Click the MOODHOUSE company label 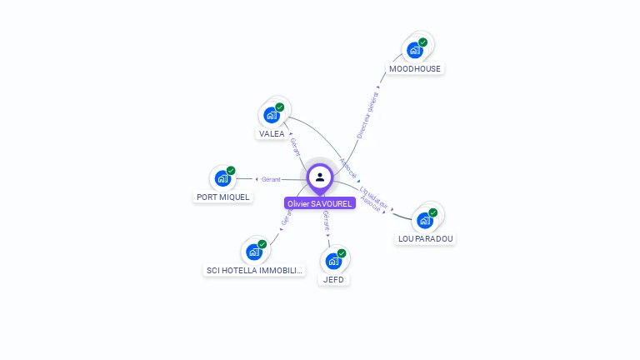coord(415,68)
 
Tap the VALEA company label coord(272,133)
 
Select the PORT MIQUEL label coord(222,197)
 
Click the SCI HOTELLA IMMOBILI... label coord(255,270)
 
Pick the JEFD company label coord(333,280)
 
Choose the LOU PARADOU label coord(426,238)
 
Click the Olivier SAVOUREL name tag coord(320,203)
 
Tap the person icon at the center coord(320,177)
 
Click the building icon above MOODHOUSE coord(414,49)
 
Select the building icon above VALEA coord(272,114)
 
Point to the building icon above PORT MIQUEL coord(222,177)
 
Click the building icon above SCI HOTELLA coord(254,251)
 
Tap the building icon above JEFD coord(333,261)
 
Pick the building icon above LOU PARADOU coord(425,220)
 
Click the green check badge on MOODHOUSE coord(422,42)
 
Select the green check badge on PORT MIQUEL coord(231,171)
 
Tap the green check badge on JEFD coord(342,253)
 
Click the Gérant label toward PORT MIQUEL coord(271,179)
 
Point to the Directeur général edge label coord(367,114)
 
